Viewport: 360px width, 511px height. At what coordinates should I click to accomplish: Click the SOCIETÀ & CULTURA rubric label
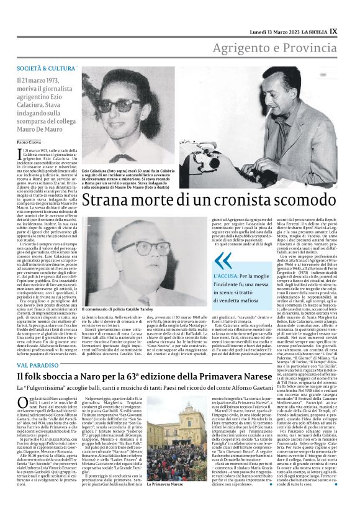pyautogui.click(x=47, y=67)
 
